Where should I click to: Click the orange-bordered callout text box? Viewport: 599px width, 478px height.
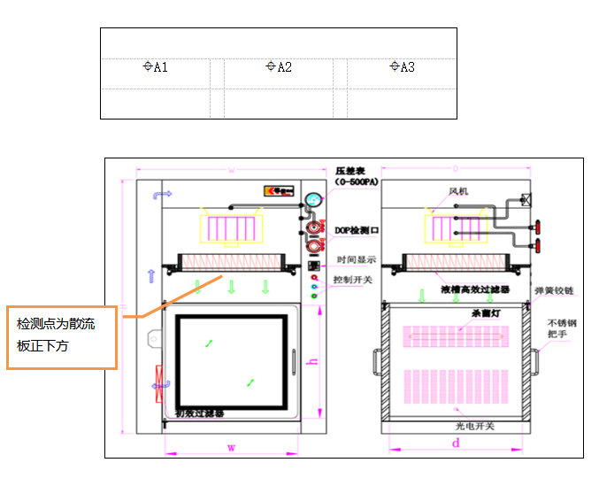62,336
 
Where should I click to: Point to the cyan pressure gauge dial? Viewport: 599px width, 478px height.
313,201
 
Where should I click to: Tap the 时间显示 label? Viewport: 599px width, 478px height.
356,260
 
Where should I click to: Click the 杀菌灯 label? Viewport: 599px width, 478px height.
460,313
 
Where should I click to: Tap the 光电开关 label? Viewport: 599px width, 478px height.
475,426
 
